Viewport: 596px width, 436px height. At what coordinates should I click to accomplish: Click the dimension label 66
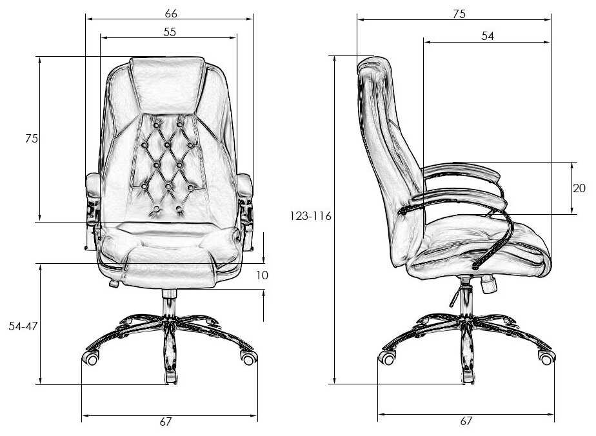coord(171,13)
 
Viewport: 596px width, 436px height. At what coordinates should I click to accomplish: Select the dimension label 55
coord(170,32)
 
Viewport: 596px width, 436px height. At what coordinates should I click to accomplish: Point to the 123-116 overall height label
coord(310,217)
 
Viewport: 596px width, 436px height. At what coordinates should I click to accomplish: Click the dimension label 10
coord(261,275)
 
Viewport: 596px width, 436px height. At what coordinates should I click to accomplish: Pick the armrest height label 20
coord(579,188)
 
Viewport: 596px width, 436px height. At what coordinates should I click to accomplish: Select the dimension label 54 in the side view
coord(487,37)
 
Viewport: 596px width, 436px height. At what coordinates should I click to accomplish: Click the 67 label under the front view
coord(166,422)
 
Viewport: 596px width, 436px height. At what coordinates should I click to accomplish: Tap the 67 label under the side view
coord(466,422)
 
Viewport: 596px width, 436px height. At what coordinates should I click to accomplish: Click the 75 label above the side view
coord(459,14)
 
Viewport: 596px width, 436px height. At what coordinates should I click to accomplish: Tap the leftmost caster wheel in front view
coord(90,358)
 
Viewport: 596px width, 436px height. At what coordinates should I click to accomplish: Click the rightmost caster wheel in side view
coord(546,358)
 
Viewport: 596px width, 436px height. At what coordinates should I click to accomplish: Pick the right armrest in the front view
coord(246,188)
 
